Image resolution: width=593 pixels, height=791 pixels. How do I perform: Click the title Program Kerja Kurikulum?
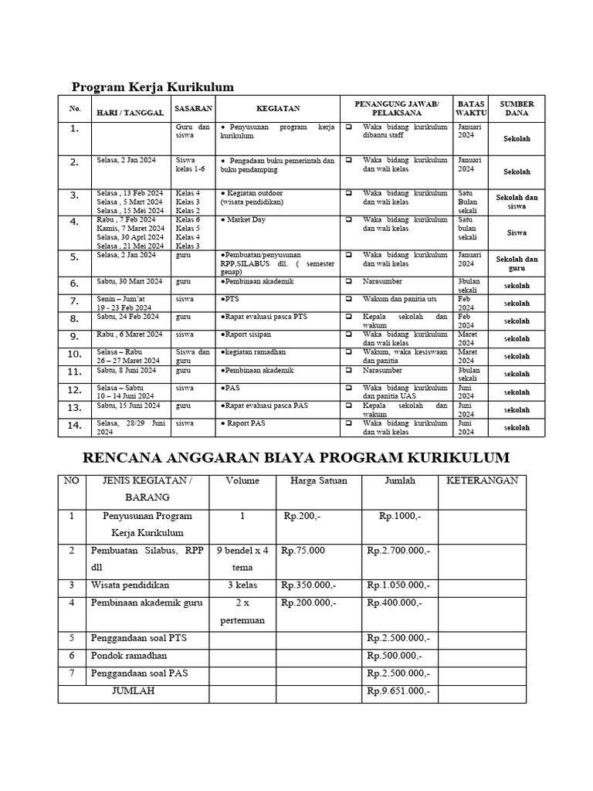pos(152,87)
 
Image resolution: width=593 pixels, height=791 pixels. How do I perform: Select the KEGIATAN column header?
pos(278,109)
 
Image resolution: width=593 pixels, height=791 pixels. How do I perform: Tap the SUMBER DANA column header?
pos(517,108)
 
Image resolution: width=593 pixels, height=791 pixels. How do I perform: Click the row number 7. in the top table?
pos(74,301)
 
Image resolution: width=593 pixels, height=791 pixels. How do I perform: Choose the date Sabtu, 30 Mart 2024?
pos(128,282)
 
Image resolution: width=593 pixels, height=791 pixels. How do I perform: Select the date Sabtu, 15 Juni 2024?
pos(128,405)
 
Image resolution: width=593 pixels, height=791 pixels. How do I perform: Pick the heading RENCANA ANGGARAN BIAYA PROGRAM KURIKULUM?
pos(296,459)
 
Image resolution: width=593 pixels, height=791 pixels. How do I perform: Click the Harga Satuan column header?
pos(319,480)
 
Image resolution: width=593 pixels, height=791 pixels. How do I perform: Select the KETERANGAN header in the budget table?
pos(482,480)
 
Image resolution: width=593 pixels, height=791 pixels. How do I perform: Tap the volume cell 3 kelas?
pos(242,586)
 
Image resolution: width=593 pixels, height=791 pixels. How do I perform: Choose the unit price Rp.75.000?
pos(304,551)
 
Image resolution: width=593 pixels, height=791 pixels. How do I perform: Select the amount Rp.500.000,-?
pos(395,656)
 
